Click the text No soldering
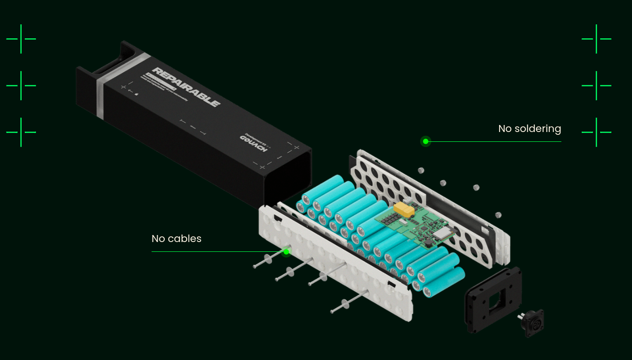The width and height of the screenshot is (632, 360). [529, 129]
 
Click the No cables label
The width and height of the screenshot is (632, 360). [176, 239]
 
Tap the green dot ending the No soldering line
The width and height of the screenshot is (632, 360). [425, 141]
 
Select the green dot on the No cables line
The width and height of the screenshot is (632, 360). [286, 252]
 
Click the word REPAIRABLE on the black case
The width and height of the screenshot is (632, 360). [186, 87]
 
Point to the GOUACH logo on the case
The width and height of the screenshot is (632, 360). [253, 143]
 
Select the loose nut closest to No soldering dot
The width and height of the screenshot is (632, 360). [421, 170]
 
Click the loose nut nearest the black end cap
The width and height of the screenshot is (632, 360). [498, 215]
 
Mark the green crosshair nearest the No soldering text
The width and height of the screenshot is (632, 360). [596, 132]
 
